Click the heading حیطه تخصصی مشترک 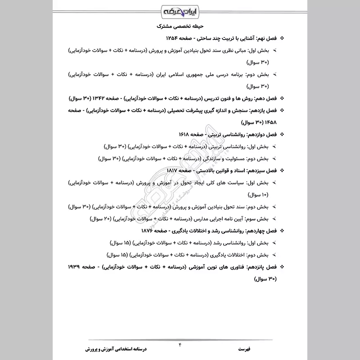click(x=180, y=26)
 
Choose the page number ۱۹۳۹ click(x=77, y=267)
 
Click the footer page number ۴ click(x=180, y=345)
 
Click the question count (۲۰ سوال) click(x=101, y=220)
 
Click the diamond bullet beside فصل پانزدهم click(x=282, y=267)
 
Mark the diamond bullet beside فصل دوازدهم click(x=282, y=134)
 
